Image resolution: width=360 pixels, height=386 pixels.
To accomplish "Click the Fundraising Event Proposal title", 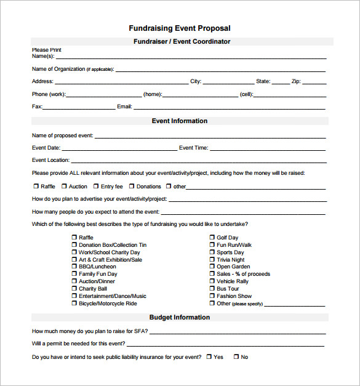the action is [180, 28].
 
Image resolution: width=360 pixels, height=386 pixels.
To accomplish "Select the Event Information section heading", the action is [180, 121].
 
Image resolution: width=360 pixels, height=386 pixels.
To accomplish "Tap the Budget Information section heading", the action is [180, 318].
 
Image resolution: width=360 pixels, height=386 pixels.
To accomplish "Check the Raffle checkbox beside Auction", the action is [36, 186].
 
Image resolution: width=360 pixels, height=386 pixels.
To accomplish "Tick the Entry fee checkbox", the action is [96, 186].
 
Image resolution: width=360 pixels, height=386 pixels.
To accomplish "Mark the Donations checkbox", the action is [132, 186].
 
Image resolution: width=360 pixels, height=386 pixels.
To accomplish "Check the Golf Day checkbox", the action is [212, 238].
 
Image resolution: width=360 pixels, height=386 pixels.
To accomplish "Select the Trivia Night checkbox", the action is [212, 260].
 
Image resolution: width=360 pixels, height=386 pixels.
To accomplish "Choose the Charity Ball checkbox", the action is [74, 289].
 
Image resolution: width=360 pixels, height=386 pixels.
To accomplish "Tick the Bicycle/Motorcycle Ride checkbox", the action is [74, 304].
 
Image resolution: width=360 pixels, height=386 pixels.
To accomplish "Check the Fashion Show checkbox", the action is [212, 296].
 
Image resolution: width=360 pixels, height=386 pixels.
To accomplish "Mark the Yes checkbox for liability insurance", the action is [209, 356].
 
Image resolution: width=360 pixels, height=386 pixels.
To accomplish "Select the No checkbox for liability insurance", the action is [236, 356].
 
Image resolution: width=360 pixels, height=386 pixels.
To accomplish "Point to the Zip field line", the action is [314, 83].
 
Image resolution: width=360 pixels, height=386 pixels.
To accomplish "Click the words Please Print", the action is [47, 50].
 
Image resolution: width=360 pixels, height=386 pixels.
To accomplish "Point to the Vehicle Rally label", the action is [233, 281].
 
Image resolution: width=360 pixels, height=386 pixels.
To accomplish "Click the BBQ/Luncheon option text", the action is [98, 267].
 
